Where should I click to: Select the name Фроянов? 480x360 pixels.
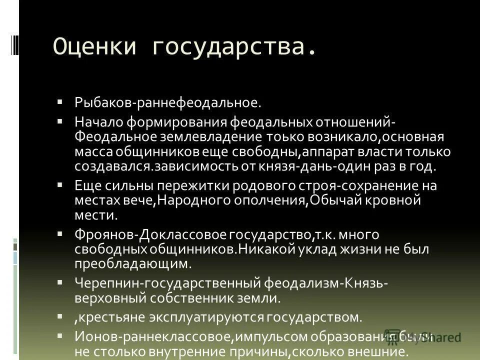[x=105, y=234]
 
